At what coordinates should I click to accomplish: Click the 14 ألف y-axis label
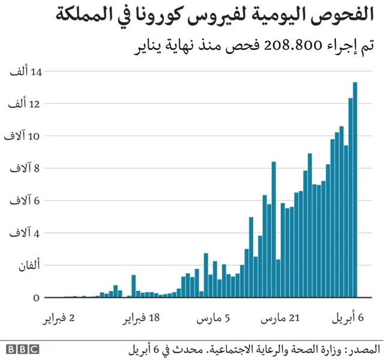tap(26, 72)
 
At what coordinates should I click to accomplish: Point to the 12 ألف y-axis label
tap(26, 104)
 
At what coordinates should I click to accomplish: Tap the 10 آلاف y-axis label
tap(24, 137)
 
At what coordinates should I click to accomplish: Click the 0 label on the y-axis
tap(37, 298)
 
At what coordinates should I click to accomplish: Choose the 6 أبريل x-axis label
tap(349, 319)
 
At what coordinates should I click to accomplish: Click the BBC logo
tap(22, 349)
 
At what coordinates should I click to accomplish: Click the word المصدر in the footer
tap(363, 349)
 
